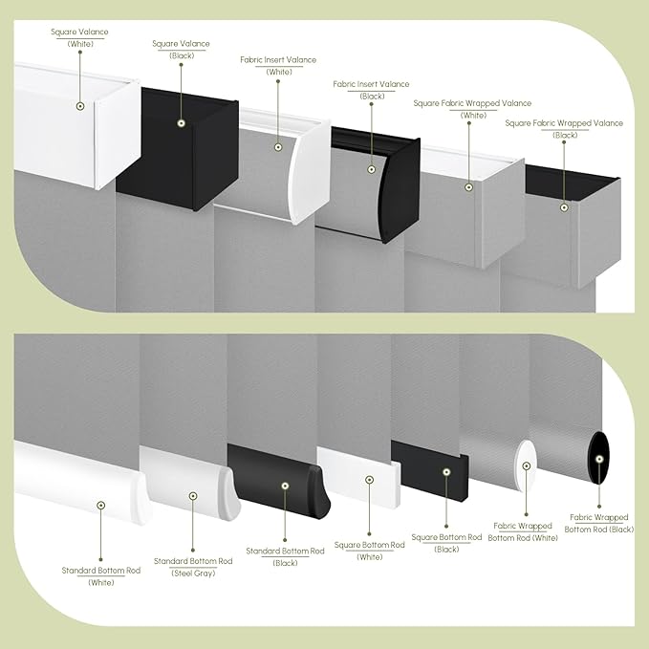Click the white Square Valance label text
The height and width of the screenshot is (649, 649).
click(80, 37)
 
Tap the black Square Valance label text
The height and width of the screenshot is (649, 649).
click(182, 50)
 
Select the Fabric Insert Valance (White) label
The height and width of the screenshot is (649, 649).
click(278, 65)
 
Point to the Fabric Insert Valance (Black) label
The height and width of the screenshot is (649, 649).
click(371, 90)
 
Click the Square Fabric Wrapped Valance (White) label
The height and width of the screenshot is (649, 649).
click(473, 109)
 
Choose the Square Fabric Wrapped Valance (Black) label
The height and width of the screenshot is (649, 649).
click(565, 129)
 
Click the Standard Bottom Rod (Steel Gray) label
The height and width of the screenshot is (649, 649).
click(193, 567)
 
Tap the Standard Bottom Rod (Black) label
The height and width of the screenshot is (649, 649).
click(285, 556)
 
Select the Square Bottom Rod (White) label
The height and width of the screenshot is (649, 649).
click(369, 551)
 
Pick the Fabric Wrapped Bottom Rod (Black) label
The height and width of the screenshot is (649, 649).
click(599, 523)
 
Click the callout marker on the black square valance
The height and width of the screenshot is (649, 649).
click(181, 123)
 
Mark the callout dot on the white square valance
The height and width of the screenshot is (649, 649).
click(80, 106)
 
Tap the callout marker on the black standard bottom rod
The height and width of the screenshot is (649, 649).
click(285, 486)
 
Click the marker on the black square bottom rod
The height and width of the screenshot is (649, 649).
click(446, 472)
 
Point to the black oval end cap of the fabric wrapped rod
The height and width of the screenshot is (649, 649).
click(599, 458)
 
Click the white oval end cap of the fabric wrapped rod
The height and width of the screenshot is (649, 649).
click(526, 466)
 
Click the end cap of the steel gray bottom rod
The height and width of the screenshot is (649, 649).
click(229, 494)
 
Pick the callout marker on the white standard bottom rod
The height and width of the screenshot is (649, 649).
click(100, 506)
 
